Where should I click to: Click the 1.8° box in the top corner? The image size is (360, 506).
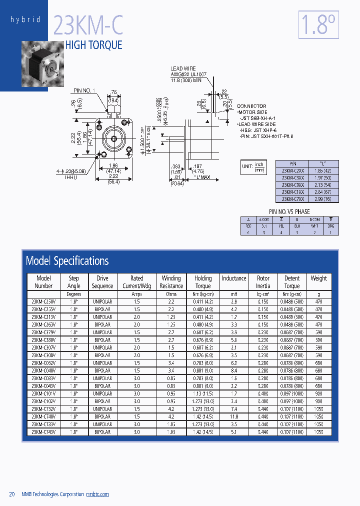click(318, 25)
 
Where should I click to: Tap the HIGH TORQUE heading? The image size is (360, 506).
click(94, 45)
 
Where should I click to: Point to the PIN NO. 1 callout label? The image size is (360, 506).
click(83, 90)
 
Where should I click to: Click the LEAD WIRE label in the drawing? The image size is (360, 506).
click(183, 68)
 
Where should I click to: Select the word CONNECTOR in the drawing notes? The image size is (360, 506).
click(251, 106)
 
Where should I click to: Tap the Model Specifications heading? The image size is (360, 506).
click(67, 260)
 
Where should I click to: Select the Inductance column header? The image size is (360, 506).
click(234, 278)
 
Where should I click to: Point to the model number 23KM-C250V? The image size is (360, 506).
click(43, 301)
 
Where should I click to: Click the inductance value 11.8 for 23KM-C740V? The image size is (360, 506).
click(234, 416)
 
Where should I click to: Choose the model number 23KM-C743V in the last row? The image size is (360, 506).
click(43, 432)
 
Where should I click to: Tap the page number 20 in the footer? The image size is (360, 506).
click(12, 494)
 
